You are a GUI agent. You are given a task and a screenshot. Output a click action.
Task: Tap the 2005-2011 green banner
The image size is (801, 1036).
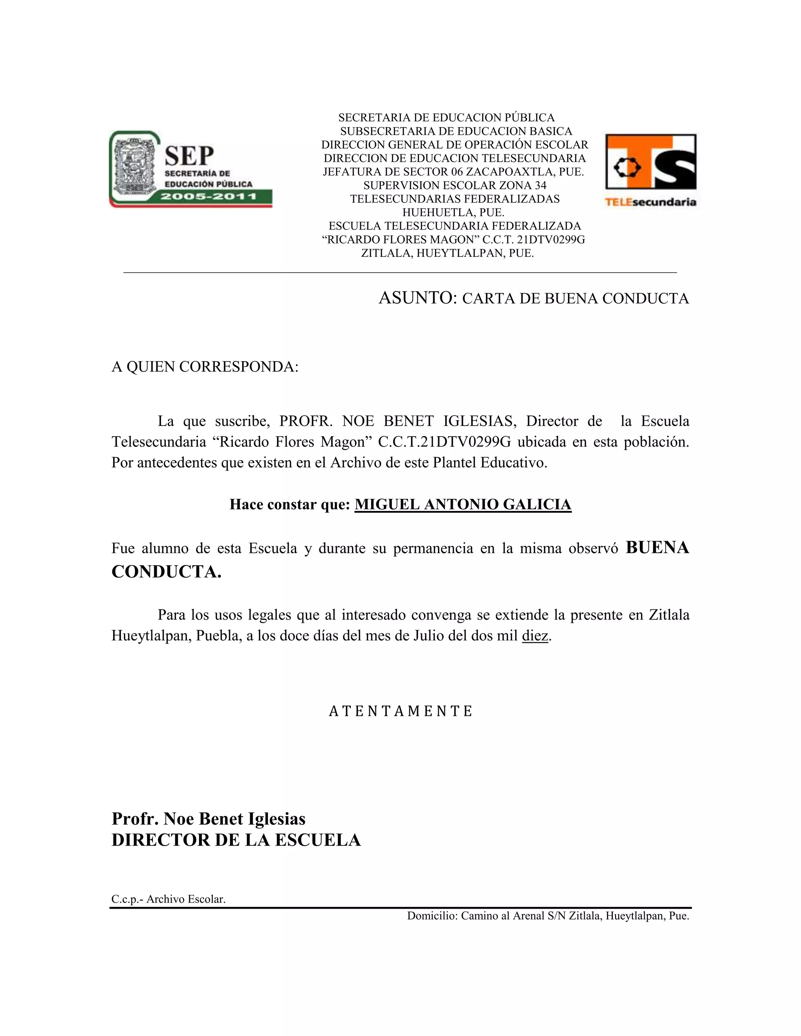point(209,196)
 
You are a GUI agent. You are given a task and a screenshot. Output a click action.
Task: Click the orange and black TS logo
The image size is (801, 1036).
point(650,162)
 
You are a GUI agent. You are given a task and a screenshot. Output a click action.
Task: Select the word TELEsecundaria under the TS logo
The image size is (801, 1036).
point(650,202)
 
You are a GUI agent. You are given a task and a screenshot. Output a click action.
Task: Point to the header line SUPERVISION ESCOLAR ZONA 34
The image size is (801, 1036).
point(454,185)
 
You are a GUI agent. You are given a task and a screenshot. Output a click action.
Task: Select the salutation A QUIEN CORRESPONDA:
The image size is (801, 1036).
point(205,367)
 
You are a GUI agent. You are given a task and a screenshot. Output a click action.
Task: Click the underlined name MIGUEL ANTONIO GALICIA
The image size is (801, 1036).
point(463,504)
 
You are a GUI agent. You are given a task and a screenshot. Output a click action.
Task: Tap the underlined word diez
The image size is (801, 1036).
point(535,636)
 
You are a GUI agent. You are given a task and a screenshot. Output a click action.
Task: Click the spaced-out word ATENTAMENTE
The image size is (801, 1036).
point(400,711)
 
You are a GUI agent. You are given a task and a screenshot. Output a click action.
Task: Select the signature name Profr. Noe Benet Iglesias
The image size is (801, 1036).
point(208,819)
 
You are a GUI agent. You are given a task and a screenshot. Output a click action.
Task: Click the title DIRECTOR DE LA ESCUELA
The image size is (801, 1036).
point(236,840)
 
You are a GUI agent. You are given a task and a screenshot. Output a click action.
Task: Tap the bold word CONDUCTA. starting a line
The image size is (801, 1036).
point(166,572)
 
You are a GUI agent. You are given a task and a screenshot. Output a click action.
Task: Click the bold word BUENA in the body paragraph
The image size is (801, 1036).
point(657,548)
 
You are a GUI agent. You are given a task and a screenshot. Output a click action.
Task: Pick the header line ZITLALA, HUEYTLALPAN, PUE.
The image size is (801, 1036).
point(447,253)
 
